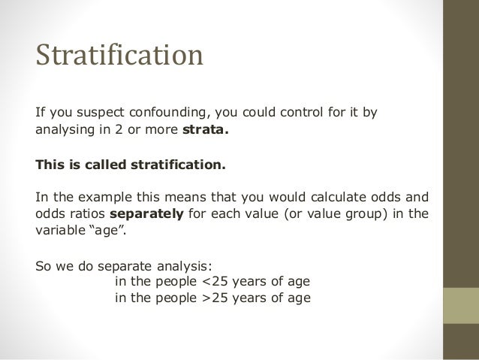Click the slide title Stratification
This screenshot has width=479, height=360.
click(119, 56)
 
